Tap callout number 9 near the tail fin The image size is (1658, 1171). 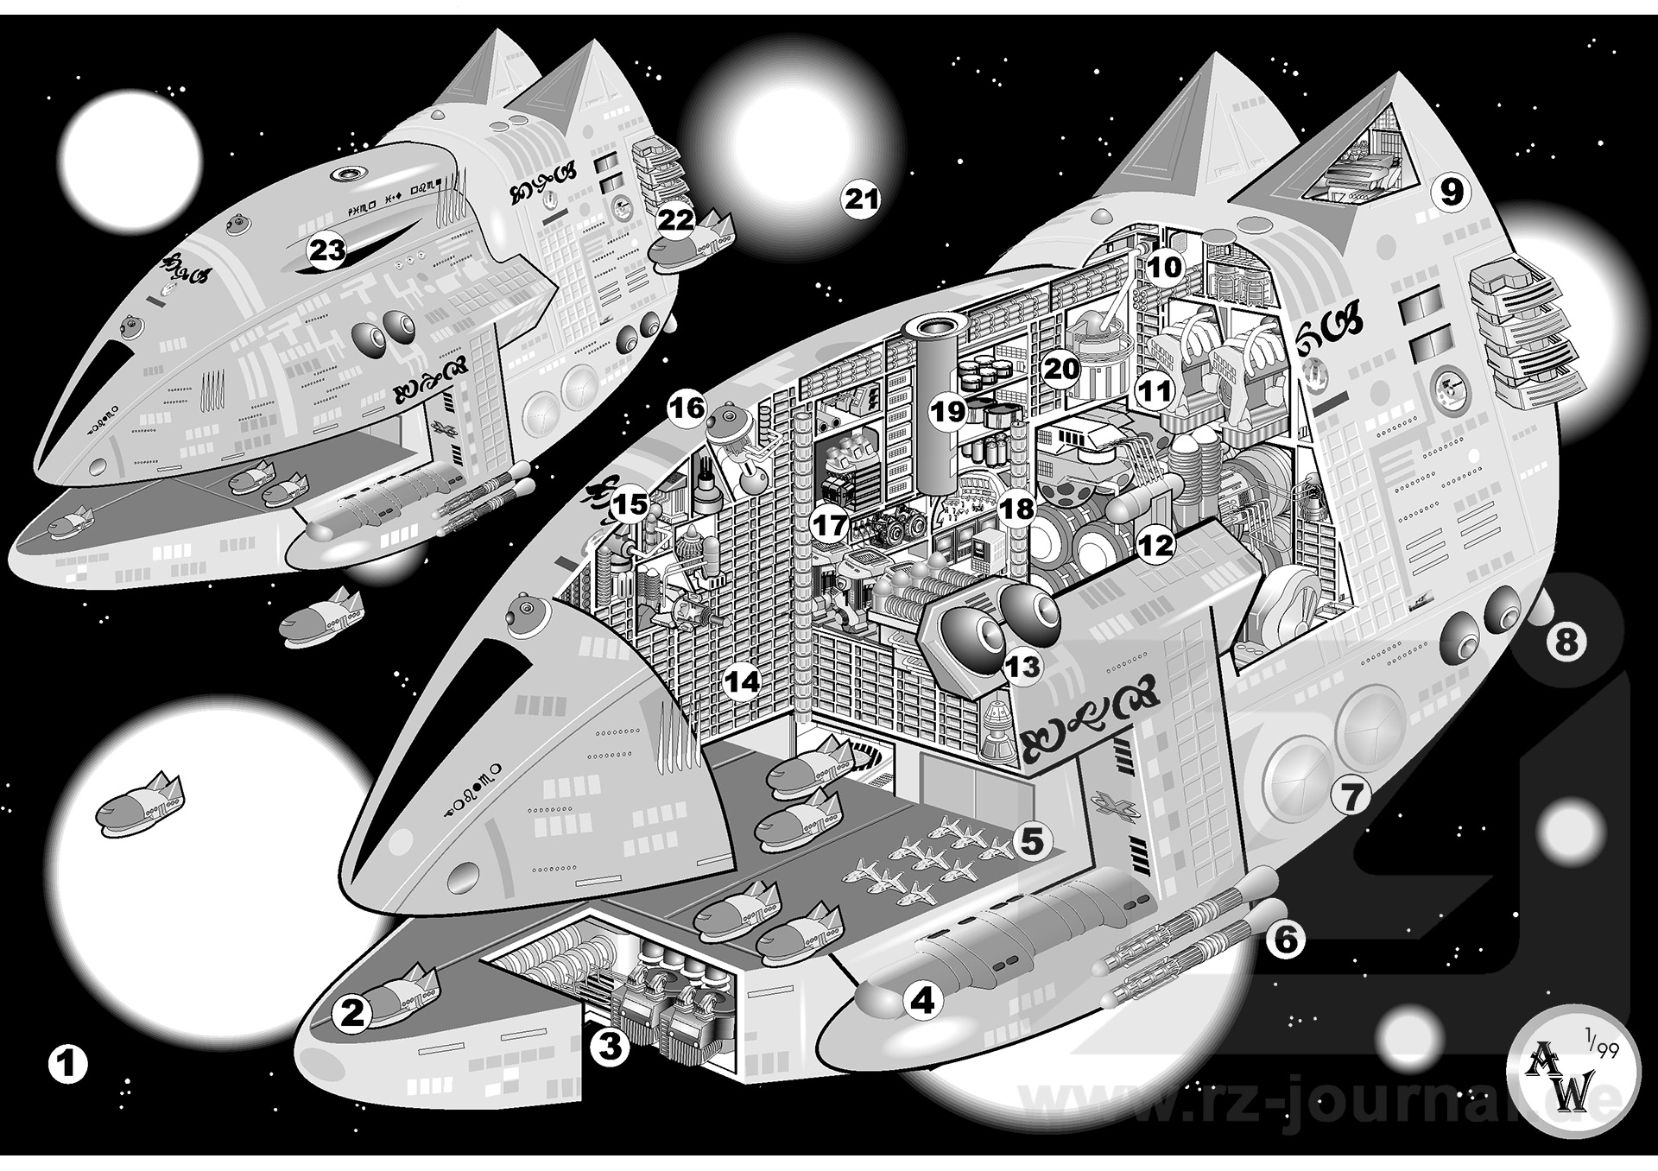(x=1452, y=192)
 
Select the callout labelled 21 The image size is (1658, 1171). (x=861, y=200)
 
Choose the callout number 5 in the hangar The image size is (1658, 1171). (x=1034, y=839)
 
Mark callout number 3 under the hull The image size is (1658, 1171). (x=610, y=1048)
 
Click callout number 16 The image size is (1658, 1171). (x=688, y=407)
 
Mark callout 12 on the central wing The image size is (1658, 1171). (x=1155, y=545)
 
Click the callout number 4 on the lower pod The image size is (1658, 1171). (x=922, y=1001)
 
